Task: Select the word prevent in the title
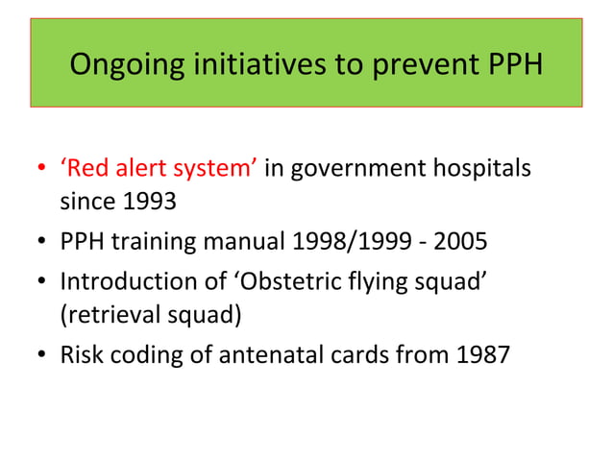point(421,67)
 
